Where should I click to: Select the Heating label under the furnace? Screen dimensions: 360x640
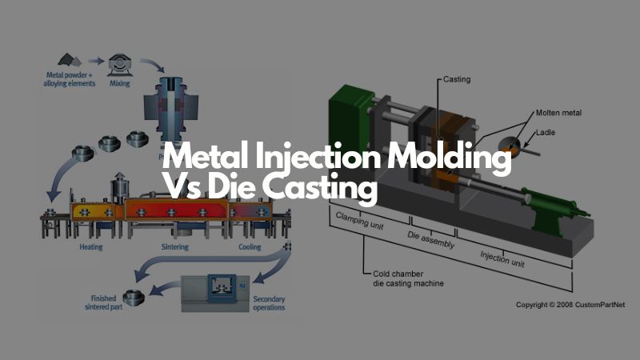click(90, 226)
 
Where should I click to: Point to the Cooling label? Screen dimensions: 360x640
click(250, 226)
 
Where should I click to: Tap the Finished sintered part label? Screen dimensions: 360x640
click(106, 302)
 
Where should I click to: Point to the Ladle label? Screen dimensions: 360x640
click(544, 132)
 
